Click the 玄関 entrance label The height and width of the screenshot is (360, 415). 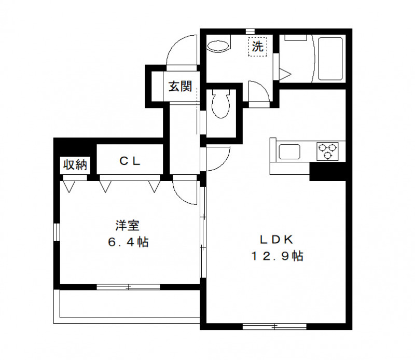(x=179, y=87)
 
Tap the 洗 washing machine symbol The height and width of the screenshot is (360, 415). (x=257, y=47)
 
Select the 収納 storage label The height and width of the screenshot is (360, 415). (x=75, y=165)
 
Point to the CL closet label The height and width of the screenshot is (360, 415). (x=130, y=161)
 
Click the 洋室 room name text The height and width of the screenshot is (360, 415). (x=128, y=226)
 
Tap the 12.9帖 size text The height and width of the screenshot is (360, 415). (x=277, y=256)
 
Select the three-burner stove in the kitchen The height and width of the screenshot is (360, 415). (x=327, y=150)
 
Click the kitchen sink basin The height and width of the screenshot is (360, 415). (x=288, y=152)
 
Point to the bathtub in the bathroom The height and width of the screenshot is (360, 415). (x=330, y=58)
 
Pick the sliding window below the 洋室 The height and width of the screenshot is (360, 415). (x=128, y=286)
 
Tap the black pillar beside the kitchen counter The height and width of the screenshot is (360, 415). (x=327, y=171)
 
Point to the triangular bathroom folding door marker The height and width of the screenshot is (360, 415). (x=284, y=73)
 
